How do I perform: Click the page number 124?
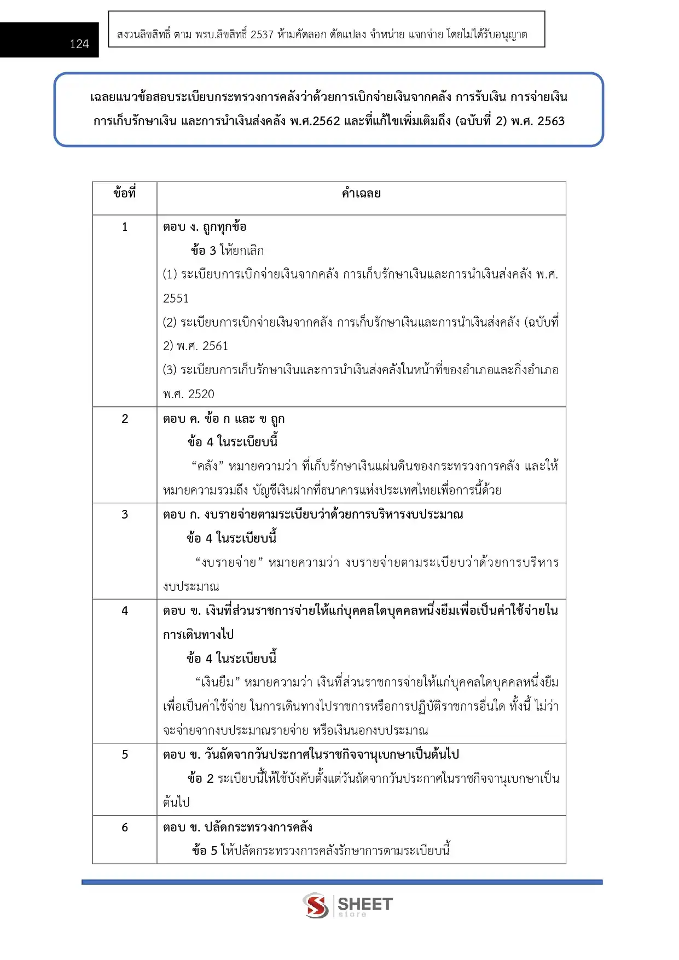pos(79,44)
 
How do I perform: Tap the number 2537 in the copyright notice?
pos(262,34)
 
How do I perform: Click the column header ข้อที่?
pos(125,193)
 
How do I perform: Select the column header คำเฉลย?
pos(361,193)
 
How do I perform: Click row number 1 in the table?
pos(125,226)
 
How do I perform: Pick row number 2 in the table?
pos(125,418)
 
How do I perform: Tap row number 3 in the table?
pos(125,514)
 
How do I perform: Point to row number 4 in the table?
pos(125,610)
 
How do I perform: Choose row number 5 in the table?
pos(125,754)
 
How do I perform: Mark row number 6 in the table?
pos(125,827)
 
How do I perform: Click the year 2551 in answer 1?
pos(176,298)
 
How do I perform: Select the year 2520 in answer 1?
pos(201,394)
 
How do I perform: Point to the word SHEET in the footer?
pos(365,904)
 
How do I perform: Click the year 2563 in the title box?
pos(550,121)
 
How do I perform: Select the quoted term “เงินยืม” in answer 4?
pos(217,682)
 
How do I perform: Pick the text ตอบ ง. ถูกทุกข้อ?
pos(205,226)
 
